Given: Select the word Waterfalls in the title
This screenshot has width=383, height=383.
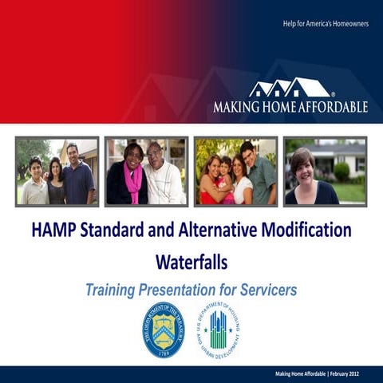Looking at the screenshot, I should (x=191, y=261).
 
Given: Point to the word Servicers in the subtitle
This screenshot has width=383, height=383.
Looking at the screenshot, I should (x=261, y=289).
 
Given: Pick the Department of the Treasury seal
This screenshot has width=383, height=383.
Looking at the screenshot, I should (x=163, y=330).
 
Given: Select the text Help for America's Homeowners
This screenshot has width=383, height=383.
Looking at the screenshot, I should (x=325, y=23).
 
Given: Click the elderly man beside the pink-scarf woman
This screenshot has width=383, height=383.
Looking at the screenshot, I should (x=163, y=172).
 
